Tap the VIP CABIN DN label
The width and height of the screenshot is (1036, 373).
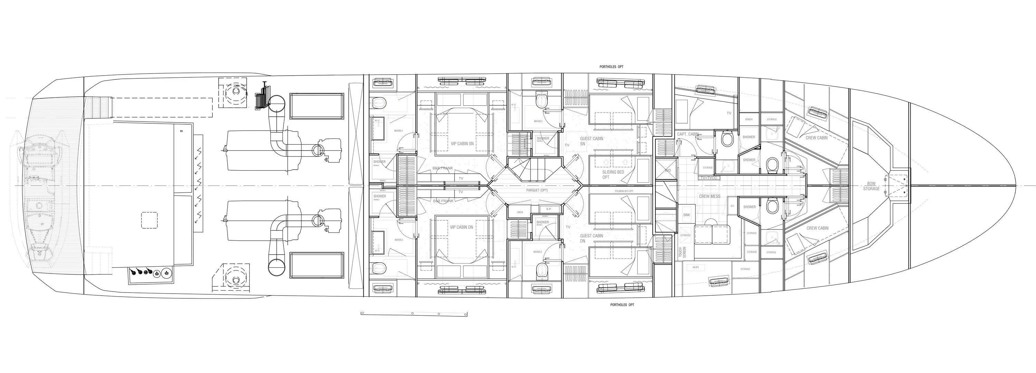coord(461,227)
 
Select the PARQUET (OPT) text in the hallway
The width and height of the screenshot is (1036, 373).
coord(537,190)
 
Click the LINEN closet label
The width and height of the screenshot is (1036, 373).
coord(520,212)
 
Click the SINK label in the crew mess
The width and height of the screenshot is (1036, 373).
coord(687,215)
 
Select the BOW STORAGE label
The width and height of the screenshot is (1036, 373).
coord(871,186)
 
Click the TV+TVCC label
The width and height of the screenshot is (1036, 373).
coord(709,178)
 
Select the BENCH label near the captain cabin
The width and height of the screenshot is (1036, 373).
coord(748,119)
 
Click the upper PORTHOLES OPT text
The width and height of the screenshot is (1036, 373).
coord(611,67)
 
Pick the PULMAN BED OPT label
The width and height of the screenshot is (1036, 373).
coord(624,191)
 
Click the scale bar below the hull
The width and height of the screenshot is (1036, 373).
coord(414,314)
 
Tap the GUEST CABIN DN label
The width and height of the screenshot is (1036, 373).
coord(591,239)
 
